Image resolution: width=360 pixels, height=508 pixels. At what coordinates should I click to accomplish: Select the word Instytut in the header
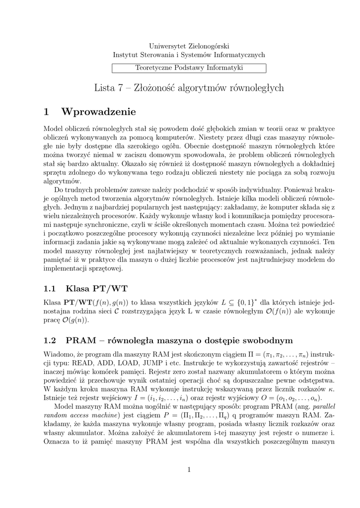point(127,55)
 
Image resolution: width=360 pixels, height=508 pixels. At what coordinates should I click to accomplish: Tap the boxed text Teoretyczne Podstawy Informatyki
point(189,67)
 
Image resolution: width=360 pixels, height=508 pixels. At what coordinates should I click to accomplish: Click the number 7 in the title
point(120,88)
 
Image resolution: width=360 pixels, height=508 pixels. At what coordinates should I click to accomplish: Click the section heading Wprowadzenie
point(98,112)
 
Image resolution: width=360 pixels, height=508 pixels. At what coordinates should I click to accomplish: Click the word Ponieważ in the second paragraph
point(285,190)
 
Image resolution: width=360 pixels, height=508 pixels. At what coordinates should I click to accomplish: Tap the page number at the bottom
point(189,469)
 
